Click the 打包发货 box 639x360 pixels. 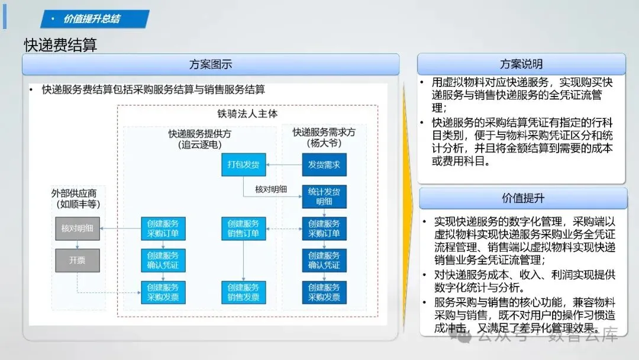[244, 165]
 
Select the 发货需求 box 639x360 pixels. [324, 165]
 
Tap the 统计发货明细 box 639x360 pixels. [324, 197]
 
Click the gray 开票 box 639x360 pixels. [78, 260]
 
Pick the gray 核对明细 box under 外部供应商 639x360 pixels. [78, 229]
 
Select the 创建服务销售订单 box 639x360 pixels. [244, 229]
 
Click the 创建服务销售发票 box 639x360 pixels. [244, 292]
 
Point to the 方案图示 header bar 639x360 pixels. [211, 65]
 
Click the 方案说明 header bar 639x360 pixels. [521, 64]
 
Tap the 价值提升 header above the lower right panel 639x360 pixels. [523, 198]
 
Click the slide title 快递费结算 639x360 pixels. [60, 45]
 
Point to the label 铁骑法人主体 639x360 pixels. [247, 114]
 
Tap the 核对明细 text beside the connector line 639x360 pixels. [271, 189]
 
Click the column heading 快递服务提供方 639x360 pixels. [200, 134]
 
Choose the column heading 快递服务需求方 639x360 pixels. [324, 133]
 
